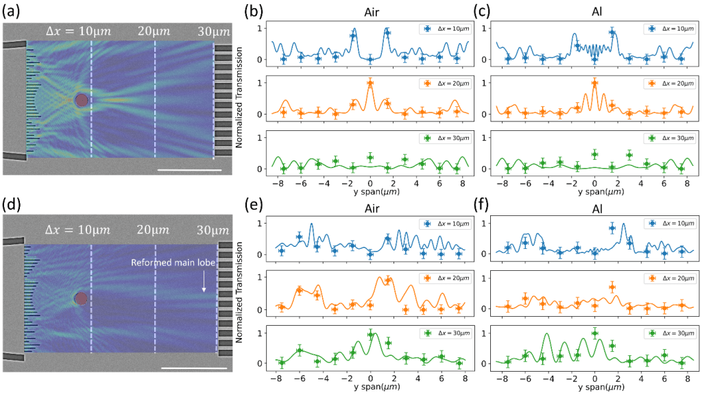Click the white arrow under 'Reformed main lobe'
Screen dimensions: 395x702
(x=204, y=282)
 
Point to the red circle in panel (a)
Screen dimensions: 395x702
(x=82, y=100)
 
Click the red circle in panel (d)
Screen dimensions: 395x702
(x=82, y=298)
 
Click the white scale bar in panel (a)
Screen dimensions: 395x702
(x=190, y=169)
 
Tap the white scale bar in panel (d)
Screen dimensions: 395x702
(x=195, y=368)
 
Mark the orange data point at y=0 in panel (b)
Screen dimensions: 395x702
(x=370, y=83)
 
